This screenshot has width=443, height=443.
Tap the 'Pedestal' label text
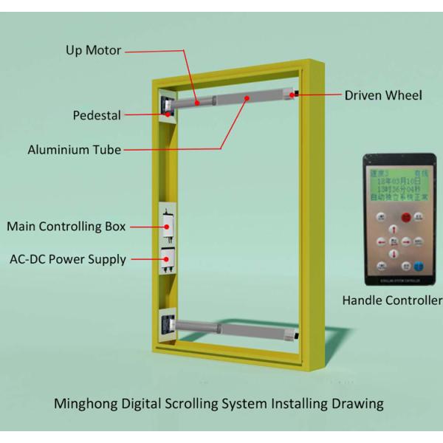coord(97,115)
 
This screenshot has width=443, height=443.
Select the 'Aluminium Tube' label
coord(75,150)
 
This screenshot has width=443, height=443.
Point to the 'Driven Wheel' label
coord(383,95)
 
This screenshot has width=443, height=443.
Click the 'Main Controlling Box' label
coord(66,226)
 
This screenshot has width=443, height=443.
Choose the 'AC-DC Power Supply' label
coord(68,259)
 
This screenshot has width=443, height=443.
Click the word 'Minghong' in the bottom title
coord(83,404)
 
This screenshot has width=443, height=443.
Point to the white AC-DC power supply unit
coord(169,261)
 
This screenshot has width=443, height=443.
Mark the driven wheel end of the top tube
coord(293,94)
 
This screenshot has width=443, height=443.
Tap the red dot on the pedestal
coord(169,114)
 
